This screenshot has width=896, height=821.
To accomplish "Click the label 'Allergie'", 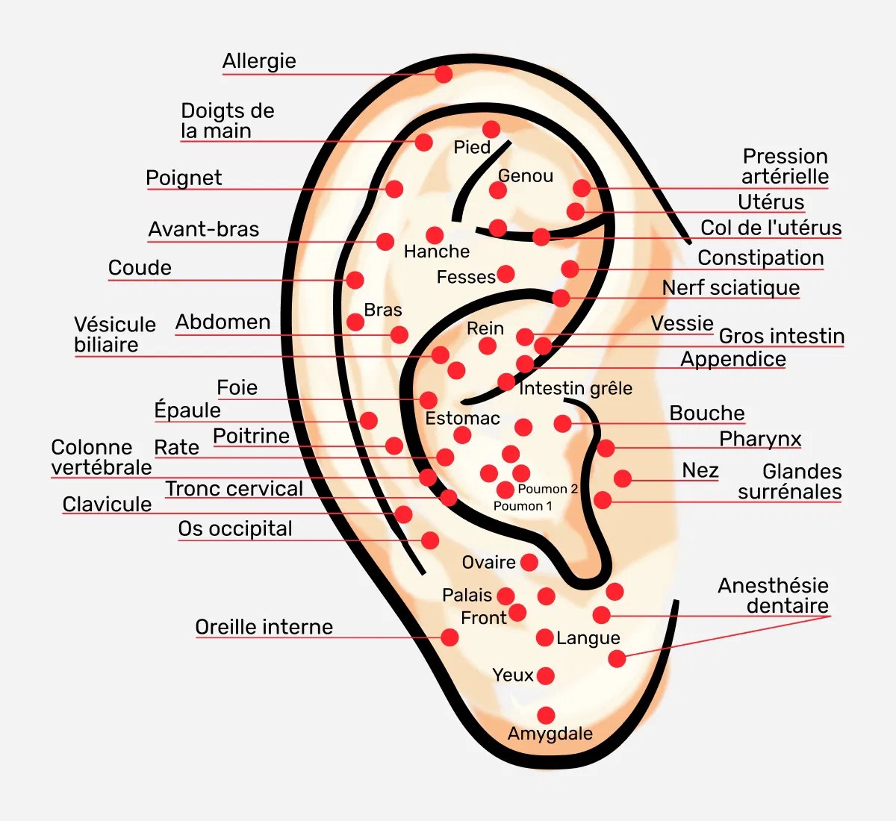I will (259, 61).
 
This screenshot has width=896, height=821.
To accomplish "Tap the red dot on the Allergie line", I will (444, 74).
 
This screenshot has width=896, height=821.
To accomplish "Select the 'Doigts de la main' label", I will (227, 121).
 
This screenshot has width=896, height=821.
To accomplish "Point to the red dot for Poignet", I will (394, 189).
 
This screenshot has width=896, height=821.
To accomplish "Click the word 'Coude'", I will (140, 268).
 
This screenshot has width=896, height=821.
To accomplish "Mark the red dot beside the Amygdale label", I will (546, 715).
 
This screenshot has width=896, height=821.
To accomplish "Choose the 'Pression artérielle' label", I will (785, 166).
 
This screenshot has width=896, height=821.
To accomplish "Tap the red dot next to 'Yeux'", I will (546, 675).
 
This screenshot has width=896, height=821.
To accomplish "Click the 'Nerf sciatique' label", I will (730, 288).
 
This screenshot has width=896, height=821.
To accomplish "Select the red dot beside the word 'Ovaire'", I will (529, 562).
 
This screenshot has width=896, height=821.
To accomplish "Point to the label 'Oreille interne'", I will (264, 627).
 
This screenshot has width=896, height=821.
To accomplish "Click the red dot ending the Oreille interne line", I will (449, 637).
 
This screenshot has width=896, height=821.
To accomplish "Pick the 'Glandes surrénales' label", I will (789, 482).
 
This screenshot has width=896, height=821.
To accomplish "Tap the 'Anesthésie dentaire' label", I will (773, 596).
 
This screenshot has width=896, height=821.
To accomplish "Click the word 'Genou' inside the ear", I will (526, 176).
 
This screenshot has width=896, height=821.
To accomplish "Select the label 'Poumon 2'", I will (547, 489).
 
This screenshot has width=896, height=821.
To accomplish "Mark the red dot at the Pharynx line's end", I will (606, 448).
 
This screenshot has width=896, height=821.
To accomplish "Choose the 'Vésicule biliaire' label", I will (114, 334).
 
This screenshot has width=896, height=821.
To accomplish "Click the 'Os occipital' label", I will (235, 529).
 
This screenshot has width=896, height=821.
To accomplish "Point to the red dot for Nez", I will (623, 478).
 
